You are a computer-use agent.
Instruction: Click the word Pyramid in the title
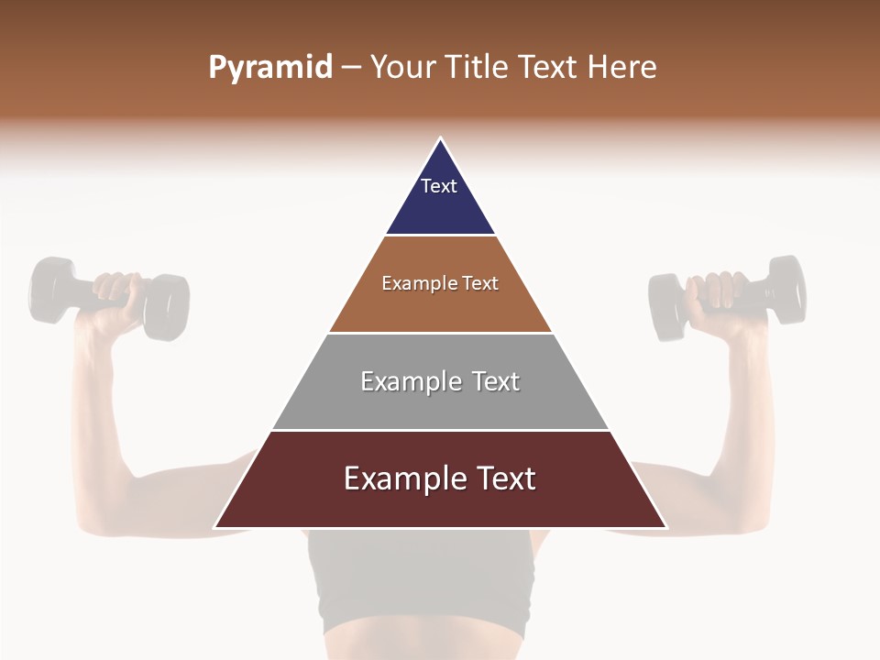[270, 68]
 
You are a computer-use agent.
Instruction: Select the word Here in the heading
[621, 68]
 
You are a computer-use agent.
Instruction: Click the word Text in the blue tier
[439, 186]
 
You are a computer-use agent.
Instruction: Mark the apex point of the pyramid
[440, 139]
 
